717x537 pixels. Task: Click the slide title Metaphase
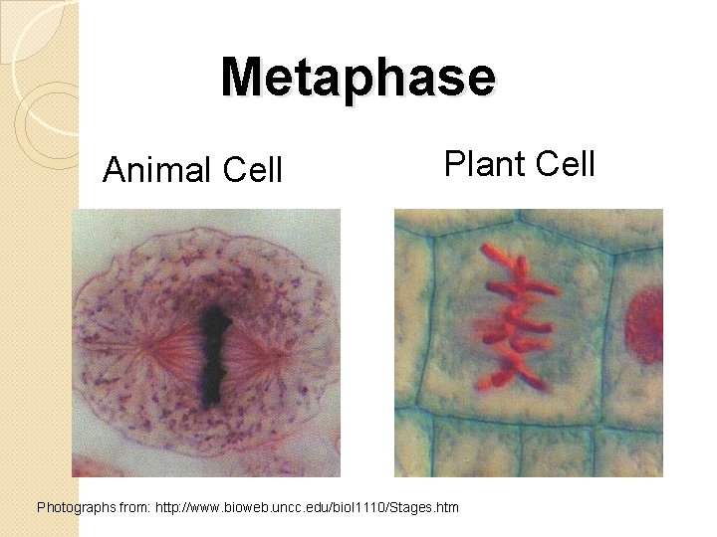coord(358,77)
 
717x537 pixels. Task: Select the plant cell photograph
coord(528,342)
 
